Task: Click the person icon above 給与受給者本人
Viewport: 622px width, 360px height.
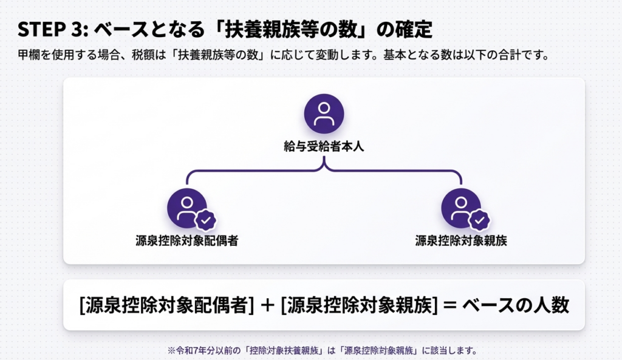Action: tap(324, 114)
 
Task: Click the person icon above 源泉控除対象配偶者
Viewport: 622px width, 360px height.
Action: tap(187, 208)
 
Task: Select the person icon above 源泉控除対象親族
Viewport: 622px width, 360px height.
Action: tap(461, 208)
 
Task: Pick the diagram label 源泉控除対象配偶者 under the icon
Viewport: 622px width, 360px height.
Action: tap(186, 240)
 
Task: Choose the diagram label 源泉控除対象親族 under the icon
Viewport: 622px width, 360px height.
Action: tap(461, 240)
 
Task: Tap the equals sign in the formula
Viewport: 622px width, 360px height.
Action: tap(450, 305)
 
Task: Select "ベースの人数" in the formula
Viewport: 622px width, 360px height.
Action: tap(516, 305)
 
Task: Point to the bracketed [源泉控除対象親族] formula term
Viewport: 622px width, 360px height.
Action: tap(360, 305)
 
